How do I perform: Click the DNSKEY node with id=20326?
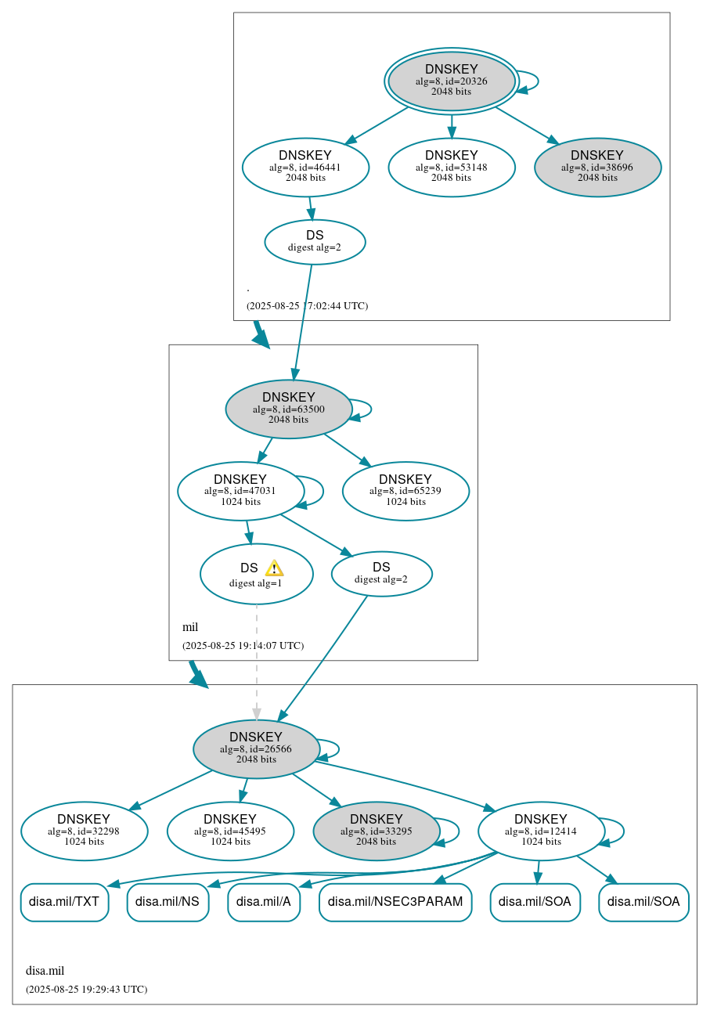(452, 81)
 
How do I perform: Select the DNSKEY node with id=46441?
(305, 167)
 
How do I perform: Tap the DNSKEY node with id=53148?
(452, 167)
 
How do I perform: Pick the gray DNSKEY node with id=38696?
(597, 167)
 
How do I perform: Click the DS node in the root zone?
(315, 242)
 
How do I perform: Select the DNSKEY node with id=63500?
(289, 409)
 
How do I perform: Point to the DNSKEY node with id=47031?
(240, 491)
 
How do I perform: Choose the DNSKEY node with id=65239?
(405, 491)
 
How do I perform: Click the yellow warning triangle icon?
(274, 568)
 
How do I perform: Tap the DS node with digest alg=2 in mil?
(381, 574)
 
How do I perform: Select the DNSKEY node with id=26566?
(256, 748)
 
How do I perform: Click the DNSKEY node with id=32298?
(85, 831)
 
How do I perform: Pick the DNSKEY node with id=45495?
(230, 831)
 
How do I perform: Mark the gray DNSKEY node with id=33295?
(377, 831)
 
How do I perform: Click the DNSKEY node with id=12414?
(541, 831)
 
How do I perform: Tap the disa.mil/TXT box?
(64, 902)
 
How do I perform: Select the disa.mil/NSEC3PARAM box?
(395, 902)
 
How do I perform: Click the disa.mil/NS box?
(168, 902)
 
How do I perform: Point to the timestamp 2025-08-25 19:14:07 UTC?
(243, 646)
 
